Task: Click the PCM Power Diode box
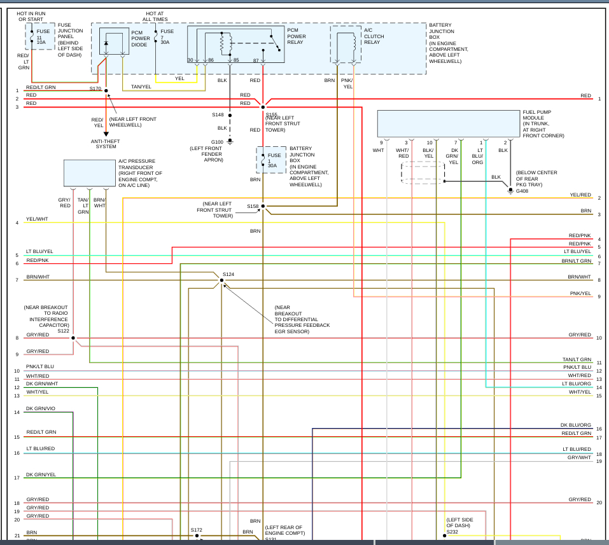pos(114,41)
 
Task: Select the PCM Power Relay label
pos(297,36)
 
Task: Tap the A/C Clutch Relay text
pos(374,36)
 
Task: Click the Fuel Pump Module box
pos(448,123)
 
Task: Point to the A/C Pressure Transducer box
pos(90,173)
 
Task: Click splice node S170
pos(106,91)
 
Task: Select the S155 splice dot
pos(263,107)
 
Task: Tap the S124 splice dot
pos(222,280)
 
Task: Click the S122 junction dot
pos(73,338)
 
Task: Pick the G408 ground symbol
pos(510,190)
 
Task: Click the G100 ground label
pos(217,142)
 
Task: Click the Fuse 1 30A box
pos(271,160)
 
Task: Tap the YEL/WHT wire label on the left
pos(37,219)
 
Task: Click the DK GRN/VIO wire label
pos(41,408)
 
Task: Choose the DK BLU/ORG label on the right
pos(576,425)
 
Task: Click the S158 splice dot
pos(263,207)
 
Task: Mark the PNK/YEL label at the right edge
pos(580,293)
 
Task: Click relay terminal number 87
pos(256,60)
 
